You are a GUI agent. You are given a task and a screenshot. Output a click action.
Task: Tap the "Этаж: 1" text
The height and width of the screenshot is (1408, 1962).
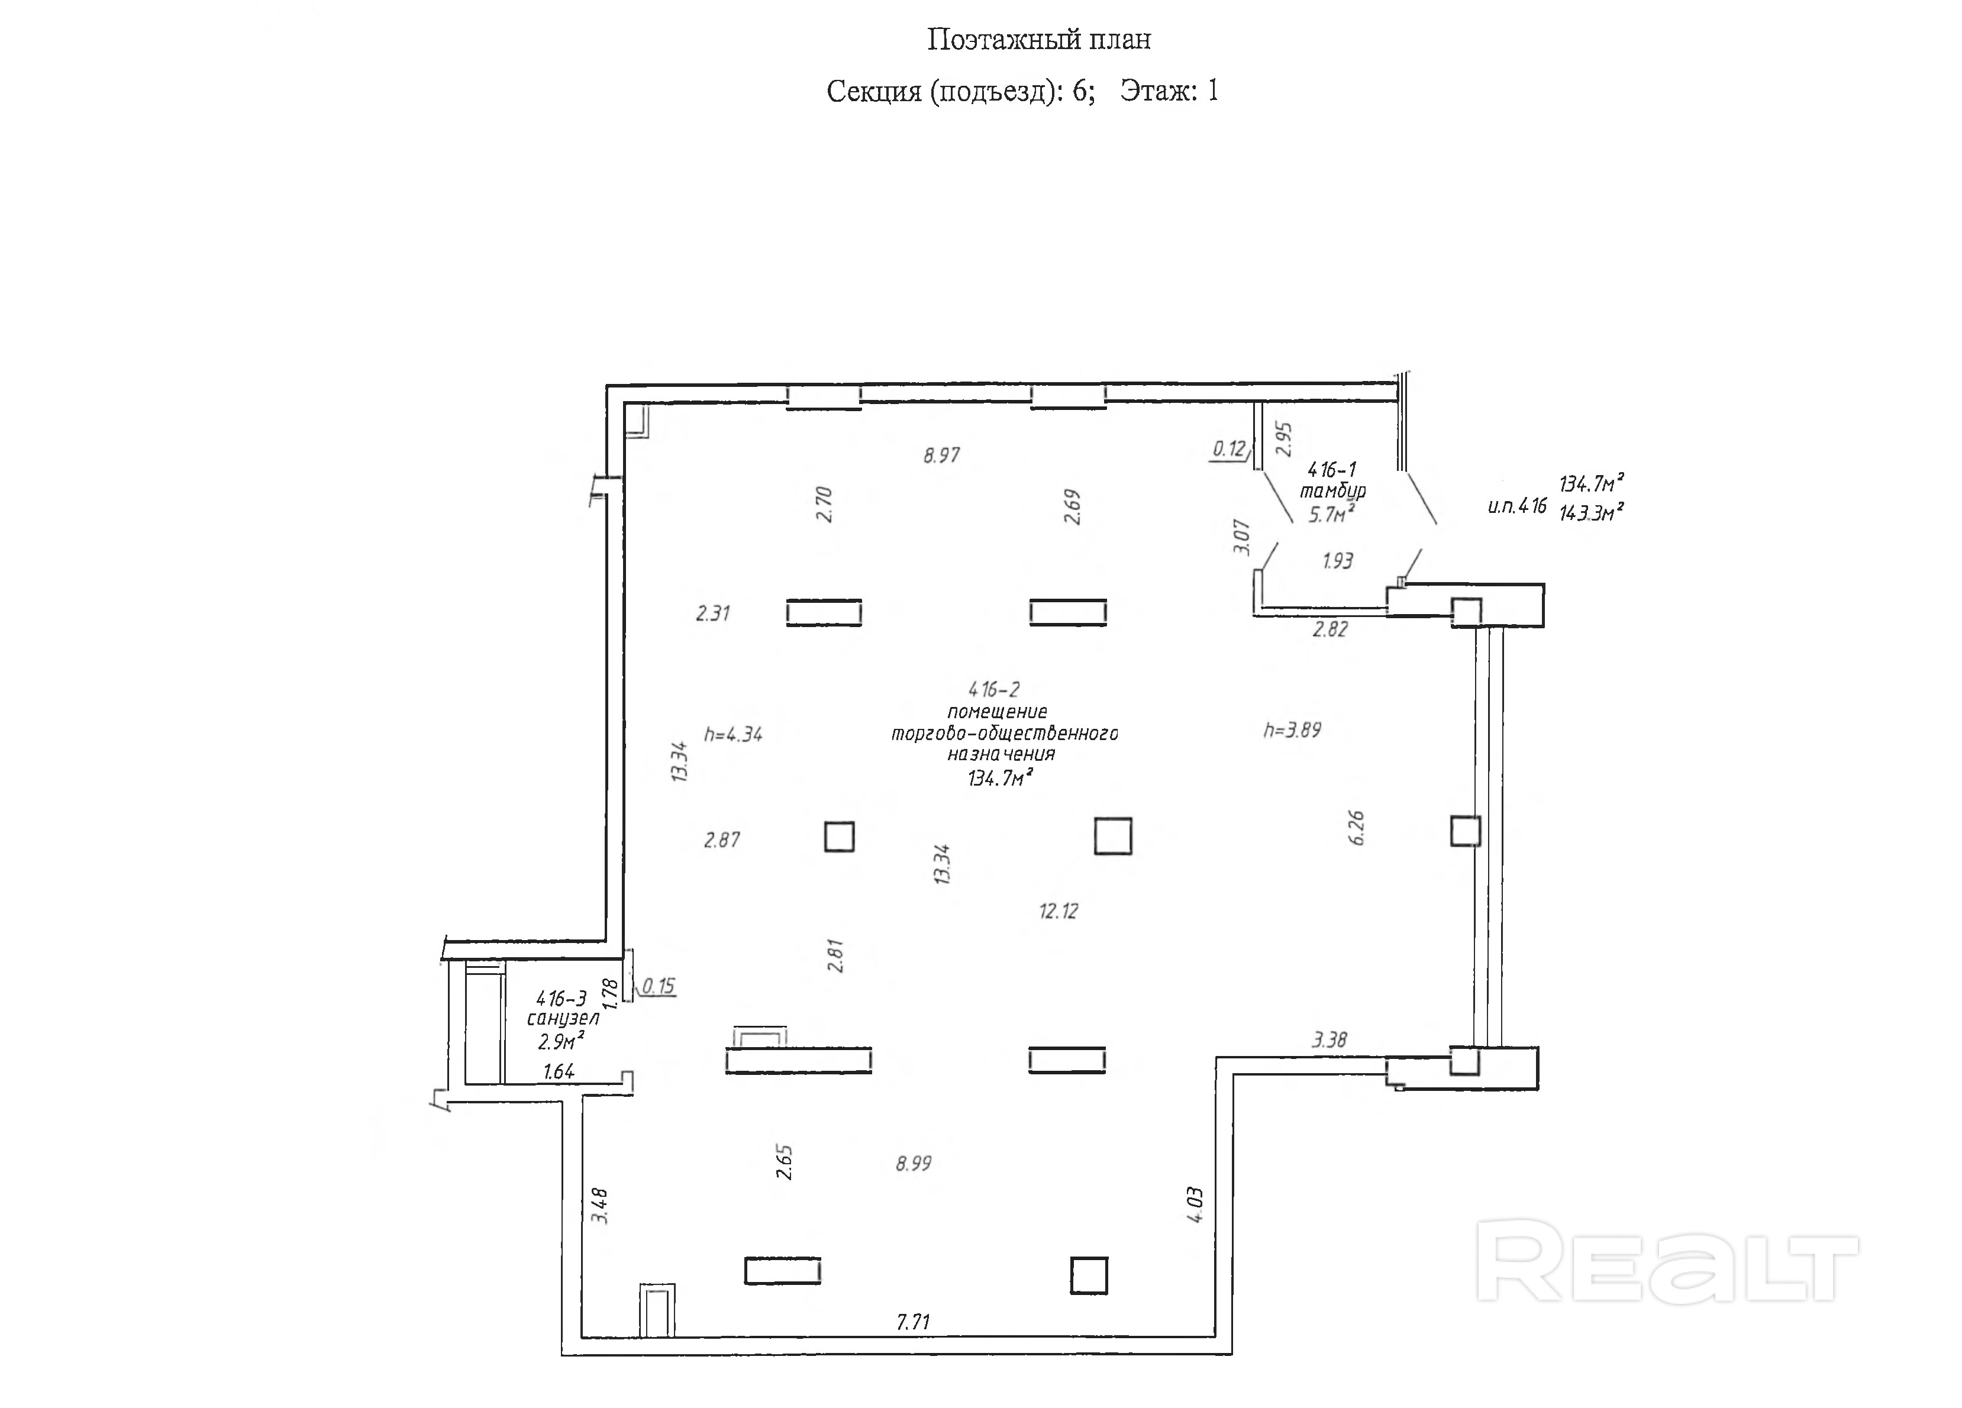(x=1169, y=91)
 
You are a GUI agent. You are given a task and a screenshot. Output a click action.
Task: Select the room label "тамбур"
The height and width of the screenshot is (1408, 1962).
(x=1333, y=491)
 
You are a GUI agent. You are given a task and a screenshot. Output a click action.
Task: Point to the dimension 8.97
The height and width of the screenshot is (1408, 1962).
(x=941, y=455)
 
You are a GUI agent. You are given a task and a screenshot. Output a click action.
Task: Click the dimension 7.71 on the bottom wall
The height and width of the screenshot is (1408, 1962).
(x=912, y=1322)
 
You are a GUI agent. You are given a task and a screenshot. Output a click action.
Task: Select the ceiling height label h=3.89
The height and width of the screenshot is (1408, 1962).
(x=1292, y=730)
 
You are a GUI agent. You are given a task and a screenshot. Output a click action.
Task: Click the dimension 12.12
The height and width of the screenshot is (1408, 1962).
(x=1058, y=910)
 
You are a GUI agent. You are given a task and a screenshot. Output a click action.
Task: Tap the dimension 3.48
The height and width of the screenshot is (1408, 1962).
(x=599, y=1206)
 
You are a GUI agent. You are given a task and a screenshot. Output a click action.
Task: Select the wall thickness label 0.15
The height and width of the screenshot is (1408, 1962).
(x=659, y=986)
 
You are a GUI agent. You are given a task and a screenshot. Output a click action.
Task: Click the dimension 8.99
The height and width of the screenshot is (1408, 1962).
(x=914, y=1163)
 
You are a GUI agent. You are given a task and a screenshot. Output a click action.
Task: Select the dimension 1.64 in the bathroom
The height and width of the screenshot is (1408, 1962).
(x=559, y=1071)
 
